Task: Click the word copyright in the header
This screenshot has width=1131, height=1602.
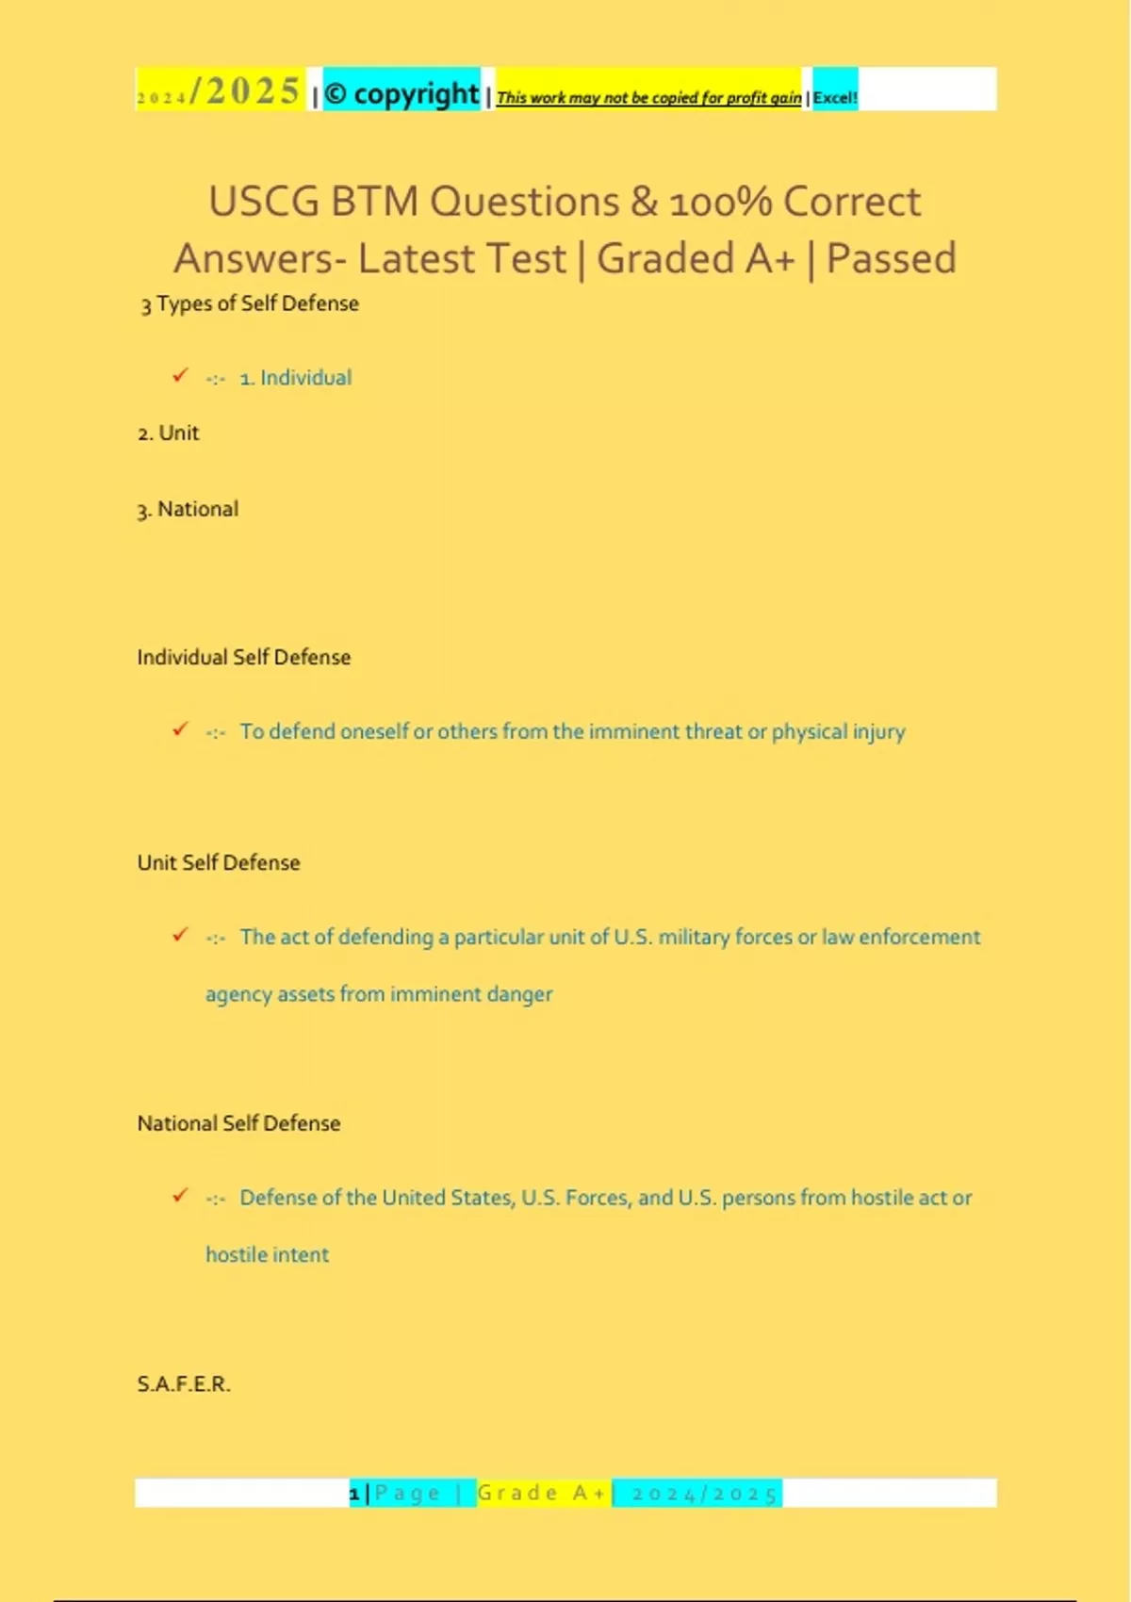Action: point(416,94)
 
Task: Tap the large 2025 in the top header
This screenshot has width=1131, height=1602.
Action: point(253,91)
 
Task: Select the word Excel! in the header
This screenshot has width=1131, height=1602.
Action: point(835,97)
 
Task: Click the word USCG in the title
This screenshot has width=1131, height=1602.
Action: point(263,202)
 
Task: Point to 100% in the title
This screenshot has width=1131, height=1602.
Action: point(720,202)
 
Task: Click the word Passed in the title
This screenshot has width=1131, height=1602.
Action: point(891,258)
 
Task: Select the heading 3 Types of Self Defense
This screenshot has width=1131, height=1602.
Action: point(250,303)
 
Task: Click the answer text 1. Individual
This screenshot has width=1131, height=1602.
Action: point(295,378)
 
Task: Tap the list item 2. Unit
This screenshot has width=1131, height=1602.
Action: point(169,433)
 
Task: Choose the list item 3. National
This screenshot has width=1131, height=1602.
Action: point(188,510)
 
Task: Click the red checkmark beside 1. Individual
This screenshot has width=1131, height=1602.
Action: point(180,376)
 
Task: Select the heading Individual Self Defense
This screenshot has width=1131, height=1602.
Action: point(243,658)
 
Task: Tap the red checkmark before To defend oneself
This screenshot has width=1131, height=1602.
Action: point(180,730)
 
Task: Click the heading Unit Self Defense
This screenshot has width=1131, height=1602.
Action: point(219,863)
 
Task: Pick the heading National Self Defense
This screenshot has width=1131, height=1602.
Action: point(238,1123)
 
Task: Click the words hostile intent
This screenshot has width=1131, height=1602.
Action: point(268,1255)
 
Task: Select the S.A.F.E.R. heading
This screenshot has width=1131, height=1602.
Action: point(184,1384)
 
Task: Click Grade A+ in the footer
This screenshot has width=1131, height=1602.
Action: point(542,1494)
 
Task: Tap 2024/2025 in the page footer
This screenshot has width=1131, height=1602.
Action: point(704,1494)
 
